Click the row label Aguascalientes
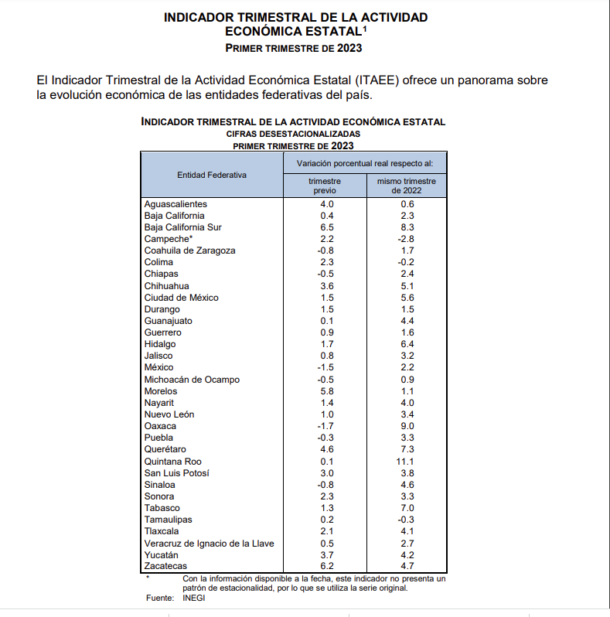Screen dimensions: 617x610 click(x=176, y=204)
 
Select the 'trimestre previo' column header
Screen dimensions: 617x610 click(x=325, y=186)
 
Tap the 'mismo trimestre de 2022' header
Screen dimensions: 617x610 click(x=407, y=186)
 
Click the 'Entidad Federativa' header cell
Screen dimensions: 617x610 click(x=212, y=175)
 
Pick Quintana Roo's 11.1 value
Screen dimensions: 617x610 click(x=407, y=462)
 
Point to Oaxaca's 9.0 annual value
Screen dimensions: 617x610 click(x=407, y=426)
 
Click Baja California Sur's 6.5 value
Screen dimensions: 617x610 click(x=326, y=227)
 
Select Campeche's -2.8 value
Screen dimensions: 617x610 click(x=407, y=239)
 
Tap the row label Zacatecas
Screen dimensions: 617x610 click(x=165, y=567)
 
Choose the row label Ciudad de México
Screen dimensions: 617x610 click(x=182, y=298)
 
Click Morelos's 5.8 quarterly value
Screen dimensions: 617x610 click(x=326, y=391)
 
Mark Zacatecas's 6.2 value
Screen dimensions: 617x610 click(x=326, y=567)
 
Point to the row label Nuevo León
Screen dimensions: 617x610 click(x=169, y=414)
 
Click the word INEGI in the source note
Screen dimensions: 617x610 click(x=194, y=598)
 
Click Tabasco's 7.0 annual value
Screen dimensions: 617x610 click(x=407, y=508)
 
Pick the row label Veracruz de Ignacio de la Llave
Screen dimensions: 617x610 click(x=210, y=544)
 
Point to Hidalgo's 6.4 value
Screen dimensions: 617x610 click(x=407, y=344)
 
